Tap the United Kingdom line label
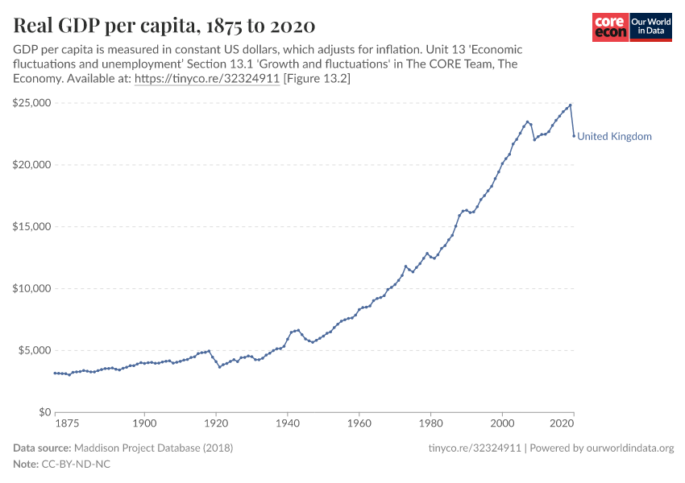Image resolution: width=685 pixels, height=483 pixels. pyautogui.click(x=614, y=137)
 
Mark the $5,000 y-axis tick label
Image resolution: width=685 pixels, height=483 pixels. pyautogui.click(x=35, y=350)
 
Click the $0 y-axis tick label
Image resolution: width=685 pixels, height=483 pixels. pyautogui.click(x=44, y=412)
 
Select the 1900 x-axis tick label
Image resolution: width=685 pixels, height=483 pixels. pyautogui.click(x=144, y=423)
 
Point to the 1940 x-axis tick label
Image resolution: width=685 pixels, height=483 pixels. pyautogui.click(x=288, y=423)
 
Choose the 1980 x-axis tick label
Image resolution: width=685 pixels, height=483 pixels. pyautogui.click(x=430, y=423)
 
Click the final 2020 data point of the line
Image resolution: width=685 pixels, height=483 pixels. pyautogui.click(x=574, y=136)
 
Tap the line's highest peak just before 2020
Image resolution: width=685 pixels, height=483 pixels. pyautogui.click(x=571, y=105)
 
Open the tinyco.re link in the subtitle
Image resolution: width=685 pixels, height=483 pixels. pyautogui.click(x=206, y=79)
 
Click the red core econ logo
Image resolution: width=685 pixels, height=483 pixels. pyautogui.click(x=610, y=27)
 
